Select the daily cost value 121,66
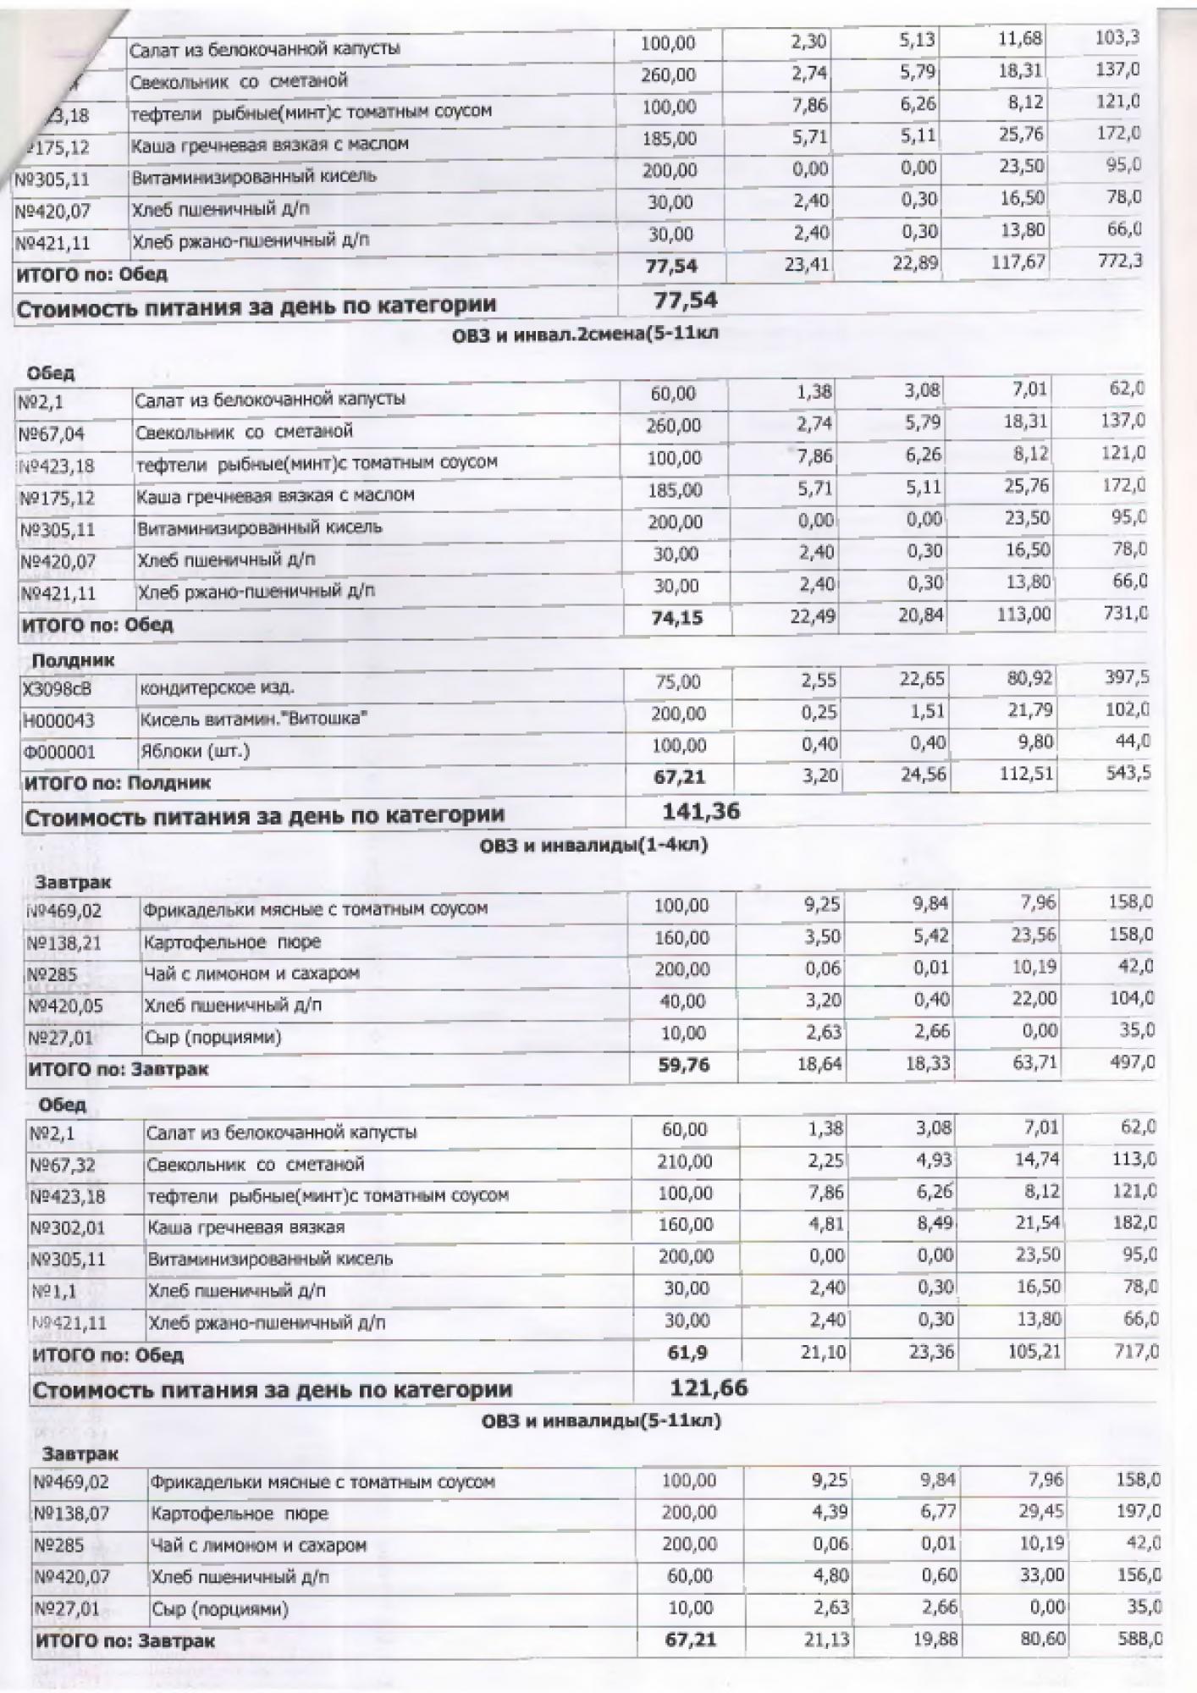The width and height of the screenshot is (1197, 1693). (709, 1387)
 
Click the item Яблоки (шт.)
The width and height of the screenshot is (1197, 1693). (195, 751)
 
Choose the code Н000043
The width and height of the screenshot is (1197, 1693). (59, 720)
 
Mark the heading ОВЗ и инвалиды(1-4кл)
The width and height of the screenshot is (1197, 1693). (593, 845)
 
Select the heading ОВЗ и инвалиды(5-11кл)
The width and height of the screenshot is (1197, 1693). (601, 1420)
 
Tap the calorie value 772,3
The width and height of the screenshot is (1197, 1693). (1118, 261)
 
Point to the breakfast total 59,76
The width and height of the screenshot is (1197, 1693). (683, 1064)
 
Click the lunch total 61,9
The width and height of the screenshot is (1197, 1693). (687, 1354)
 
